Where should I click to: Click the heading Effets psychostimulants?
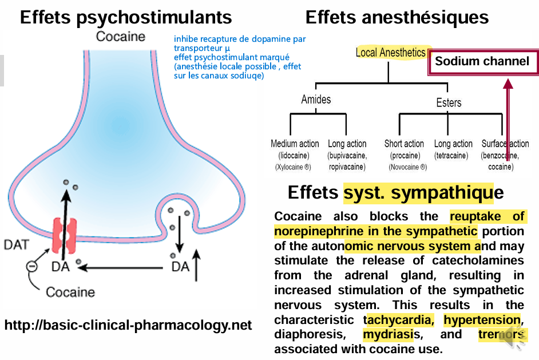(x=126, y=17)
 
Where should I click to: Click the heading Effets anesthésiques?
(x=397, y=17)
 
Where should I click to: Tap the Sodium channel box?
(x=482, y=62)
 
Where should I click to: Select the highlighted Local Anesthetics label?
(x=391, y=53)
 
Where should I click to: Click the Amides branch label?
(x=316, y=100)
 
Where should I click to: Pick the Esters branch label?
(x=448, y=103)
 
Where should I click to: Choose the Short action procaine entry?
(x=405, y=155)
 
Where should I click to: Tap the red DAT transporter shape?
(x=64, y=235)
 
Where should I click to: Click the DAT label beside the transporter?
(x=17, y=245)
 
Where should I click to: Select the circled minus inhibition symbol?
(x=34, y=267)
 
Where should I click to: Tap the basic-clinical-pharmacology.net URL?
(x=128, y=326)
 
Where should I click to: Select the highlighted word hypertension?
(x=482, y=319)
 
